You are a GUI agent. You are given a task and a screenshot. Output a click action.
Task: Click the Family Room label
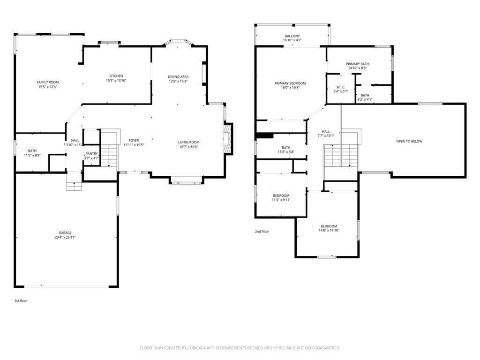(48, 82)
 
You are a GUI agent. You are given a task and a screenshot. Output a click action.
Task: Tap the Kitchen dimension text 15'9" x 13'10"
(116, 81)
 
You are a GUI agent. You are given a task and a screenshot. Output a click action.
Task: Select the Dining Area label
(178, 76)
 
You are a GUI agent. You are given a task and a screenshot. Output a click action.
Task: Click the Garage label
(65, 232)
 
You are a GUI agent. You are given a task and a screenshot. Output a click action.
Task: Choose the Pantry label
(91, 154)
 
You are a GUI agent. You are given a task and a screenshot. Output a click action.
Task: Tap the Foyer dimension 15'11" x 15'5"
(134, 145)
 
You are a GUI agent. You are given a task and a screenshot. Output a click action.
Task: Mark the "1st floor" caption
(21, 300)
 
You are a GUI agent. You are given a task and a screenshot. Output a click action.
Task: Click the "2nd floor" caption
(262, 232)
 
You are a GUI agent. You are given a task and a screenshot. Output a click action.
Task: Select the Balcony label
(292, 36)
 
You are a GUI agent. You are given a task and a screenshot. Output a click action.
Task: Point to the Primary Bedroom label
(290, 83)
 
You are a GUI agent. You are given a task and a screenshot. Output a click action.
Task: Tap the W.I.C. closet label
(341, 87)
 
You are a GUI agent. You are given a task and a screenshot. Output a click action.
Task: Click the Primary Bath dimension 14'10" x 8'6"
(358, 68)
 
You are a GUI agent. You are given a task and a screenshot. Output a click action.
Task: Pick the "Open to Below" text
(409, 141)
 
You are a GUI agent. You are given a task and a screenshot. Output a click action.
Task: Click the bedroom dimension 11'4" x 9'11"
(281, 200)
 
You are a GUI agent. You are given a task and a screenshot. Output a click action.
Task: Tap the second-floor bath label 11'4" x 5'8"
(286, 150)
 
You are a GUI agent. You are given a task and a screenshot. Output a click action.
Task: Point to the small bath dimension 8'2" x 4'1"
(365, 99)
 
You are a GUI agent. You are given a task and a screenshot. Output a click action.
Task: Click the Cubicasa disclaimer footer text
(240, 348)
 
